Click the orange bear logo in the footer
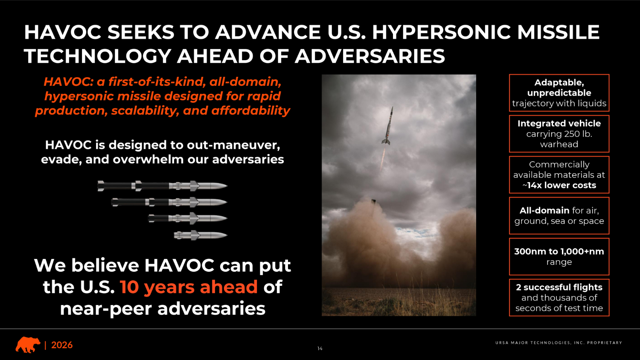click(28, 345)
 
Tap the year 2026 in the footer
click(62, 345)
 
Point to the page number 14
click(320, 348)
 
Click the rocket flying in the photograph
click(387, 126)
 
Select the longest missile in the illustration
click(162, 186)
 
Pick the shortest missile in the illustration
click(201, 235)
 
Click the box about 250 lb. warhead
click(559, 134)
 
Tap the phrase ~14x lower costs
click(559, 185)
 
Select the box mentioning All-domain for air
click(559, 216)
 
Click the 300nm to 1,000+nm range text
click(559, 257)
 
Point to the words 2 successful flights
click(559, 287)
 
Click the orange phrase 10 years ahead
click(189, 287)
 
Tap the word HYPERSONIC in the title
click(442, 32)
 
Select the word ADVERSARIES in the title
click(370, 56)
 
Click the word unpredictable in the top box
click(559, 93)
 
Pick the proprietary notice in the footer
click(559, 343)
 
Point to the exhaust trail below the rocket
click(383, 159)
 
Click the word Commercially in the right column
click(559, 165)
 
